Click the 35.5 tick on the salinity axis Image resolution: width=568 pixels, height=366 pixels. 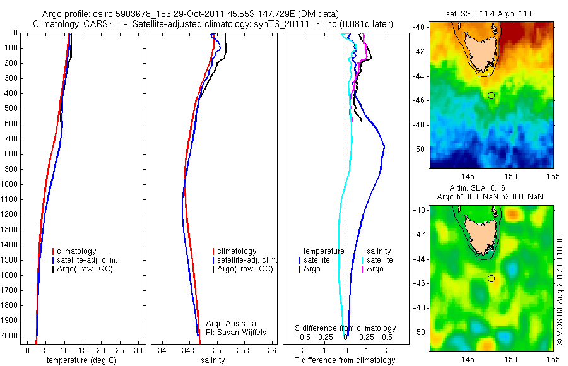[245, 350]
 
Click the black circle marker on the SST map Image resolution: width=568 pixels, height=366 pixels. [491, 95]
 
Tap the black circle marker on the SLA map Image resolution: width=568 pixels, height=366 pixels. [491, 278]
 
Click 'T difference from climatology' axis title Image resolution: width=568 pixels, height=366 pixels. [345, 360]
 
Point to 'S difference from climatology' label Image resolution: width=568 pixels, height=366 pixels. [346, 328]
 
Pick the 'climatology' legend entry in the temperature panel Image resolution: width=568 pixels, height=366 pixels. [78, 251]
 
